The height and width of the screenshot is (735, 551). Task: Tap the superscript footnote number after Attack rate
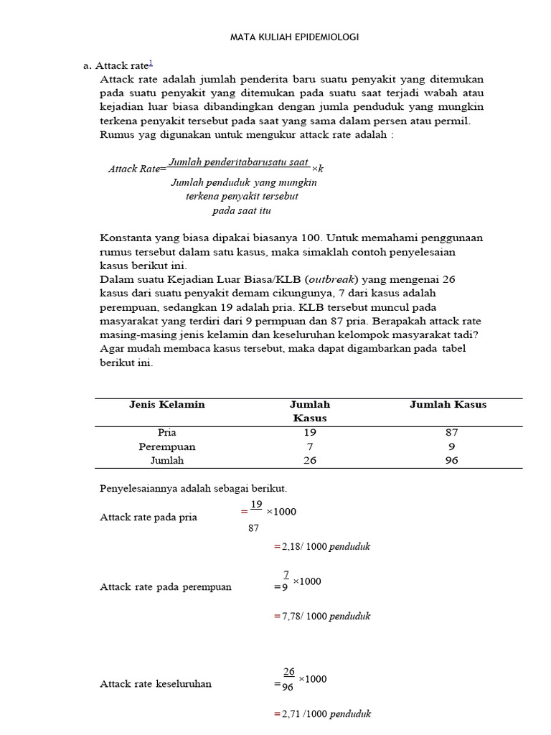coord(150,62)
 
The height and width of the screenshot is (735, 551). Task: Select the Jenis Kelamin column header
coord(166,404)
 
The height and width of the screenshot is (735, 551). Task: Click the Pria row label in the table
coord(166,432)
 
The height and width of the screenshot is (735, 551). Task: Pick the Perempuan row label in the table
coord(166,446)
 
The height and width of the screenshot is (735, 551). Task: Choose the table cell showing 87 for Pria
coord(451,432)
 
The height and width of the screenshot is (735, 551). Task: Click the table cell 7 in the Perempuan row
coord(309,446)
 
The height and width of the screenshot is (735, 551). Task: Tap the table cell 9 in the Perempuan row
coord(451,446)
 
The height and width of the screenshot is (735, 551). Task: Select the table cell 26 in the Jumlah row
coord(309,461)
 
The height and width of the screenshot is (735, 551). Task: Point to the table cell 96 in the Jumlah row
coord(451,461)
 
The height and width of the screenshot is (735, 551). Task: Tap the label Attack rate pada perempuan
coord(165,587)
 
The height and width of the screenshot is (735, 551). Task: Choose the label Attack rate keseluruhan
coord(155,684)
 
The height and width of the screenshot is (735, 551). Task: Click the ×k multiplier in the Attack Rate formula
coord(318,168)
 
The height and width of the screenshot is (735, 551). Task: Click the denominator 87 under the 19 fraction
coord(253,528)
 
